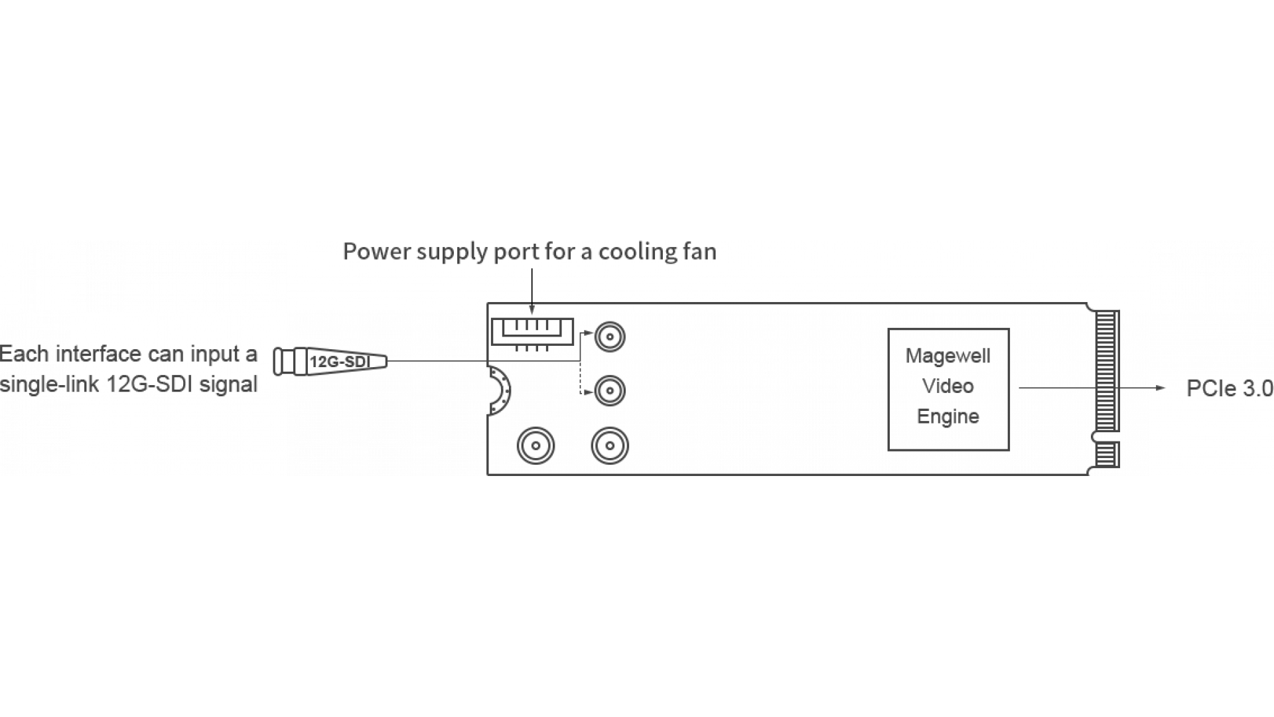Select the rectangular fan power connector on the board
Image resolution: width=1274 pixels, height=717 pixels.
[x=531, y=331]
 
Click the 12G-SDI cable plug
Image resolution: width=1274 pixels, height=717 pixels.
[x=330, y=362]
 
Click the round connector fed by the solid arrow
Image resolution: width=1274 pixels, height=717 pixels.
[x=609, y=337]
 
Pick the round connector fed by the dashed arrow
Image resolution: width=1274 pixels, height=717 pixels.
[x=609, y=390]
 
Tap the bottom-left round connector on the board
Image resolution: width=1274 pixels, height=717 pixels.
[x=535, y=445]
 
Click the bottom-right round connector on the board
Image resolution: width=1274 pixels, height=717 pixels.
[x=610, y=445]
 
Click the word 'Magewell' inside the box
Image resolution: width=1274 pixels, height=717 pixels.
[x=948, y=357]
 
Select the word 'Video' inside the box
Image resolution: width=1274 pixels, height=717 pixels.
[x=948, y=386]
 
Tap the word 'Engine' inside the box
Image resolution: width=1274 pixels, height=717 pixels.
[x=948, y=417]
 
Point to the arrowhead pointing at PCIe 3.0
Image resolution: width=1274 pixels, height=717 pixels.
[x=1161, y=388]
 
